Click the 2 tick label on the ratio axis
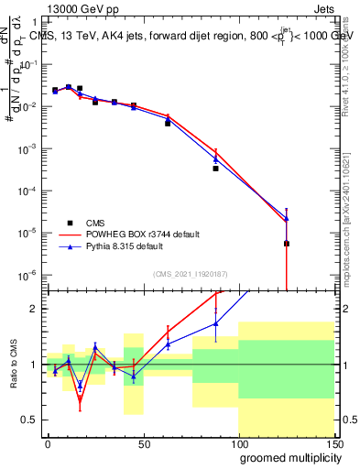click(x=34, y=309)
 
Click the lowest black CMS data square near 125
click(x=287, y=244)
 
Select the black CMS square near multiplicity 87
click(x=215, y=169)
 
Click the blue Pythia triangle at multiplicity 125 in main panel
click(x=287, y=219)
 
